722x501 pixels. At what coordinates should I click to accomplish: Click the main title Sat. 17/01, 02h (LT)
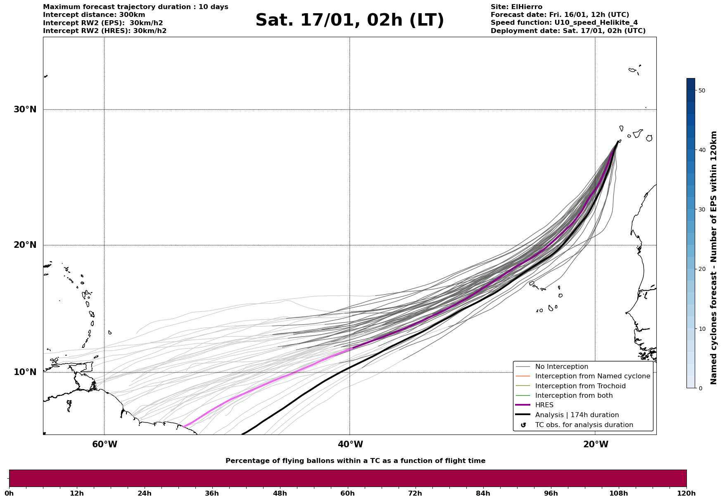(349, 20)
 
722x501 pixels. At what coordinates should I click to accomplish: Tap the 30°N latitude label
(25, 109)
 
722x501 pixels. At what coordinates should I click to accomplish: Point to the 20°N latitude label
(25, 245)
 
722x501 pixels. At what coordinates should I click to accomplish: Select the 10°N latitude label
(25, 372)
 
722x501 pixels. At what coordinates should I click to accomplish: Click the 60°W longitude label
(104, 444)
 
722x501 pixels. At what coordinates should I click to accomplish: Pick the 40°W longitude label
(350, 444)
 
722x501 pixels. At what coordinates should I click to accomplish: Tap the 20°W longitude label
(596, 444)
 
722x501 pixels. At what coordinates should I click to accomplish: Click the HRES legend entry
(544, 405)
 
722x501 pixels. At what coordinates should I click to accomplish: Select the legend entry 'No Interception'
(561, 367)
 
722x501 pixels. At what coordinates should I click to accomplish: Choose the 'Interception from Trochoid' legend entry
(580, 386)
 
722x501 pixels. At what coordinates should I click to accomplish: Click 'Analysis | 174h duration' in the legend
(577, 415)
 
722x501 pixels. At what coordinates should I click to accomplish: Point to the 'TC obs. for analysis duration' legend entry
(584, 425)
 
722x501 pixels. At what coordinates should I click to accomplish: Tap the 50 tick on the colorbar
(701, 90)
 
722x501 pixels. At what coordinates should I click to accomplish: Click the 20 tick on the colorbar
(701, 269)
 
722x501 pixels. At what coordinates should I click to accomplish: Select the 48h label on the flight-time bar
(280, 493)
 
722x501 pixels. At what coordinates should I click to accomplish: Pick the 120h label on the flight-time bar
(686, 493)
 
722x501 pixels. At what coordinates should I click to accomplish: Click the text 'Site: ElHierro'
(516, 7)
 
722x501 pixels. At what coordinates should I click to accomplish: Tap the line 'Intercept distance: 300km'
(94, 15)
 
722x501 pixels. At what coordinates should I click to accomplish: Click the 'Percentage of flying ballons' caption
(355, 461)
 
